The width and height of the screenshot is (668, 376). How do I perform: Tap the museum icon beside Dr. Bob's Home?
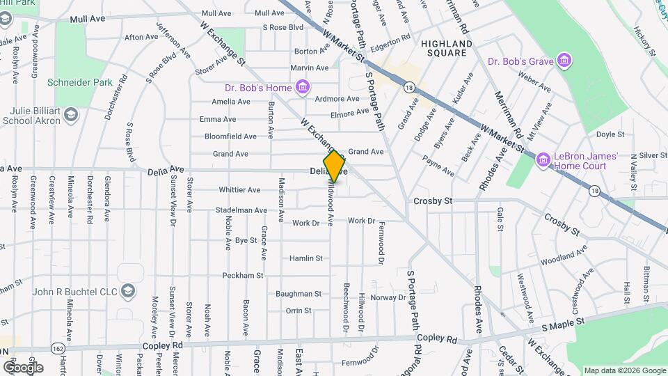302,88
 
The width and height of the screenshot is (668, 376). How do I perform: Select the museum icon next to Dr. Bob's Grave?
564,61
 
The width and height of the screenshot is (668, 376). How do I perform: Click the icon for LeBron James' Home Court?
543,161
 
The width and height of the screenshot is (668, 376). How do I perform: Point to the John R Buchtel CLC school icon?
127,291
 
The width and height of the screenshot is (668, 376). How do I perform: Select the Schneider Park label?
79,82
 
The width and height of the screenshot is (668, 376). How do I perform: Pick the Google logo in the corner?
23,367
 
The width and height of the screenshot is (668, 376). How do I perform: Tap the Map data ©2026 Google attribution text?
624,370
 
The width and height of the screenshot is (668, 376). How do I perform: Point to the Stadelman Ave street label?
241,210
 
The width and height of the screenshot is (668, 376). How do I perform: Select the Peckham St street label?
242,276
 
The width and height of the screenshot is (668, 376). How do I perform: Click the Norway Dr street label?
388,297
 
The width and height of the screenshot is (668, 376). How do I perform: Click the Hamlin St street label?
306,258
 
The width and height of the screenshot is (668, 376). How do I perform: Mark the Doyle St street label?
610,134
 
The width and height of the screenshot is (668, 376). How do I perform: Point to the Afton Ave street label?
141,37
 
